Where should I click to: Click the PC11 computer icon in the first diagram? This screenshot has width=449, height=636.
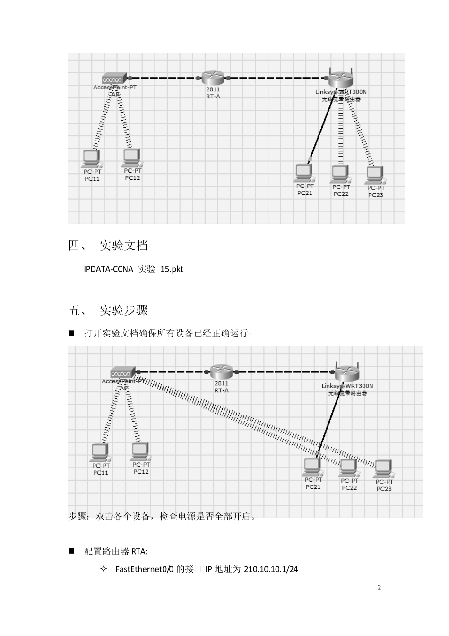pos(91,158)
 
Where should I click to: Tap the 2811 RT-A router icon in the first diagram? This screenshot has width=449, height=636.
pos(213,78)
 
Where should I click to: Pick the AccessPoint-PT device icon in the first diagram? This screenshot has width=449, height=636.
pos(114,78)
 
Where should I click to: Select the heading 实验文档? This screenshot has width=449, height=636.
pos(124,246)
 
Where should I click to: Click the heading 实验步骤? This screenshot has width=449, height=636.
pos(124,310)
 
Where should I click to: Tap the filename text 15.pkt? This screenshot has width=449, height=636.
pos(172,269)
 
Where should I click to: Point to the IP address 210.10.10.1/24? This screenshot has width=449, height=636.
pos(271,569)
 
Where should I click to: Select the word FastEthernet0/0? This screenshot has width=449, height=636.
pos(145,569)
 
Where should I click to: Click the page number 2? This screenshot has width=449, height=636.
pos(379,587)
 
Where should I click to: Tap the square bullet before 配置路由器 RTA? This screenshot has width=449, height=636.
pos(72,551)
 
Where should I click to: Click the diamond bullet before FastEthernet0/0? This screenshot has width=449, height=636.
pos(104,569)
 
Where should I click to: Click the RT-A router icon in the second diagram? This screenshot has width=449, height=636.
pos(221,372)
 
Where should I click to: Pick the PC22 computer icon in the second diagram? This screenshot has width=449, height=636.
pos(349,468)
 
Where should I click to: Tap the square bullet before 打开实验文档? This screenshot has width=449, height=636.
pos(72,333)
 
